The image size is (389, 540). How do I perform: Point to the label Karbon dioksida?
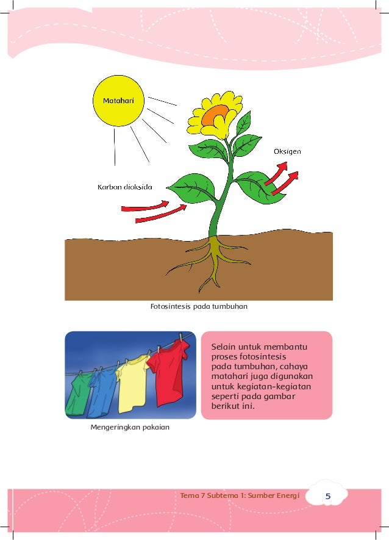coord(125,186)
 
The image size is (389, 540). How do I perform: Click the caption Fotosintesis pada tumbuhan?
coord(199,306)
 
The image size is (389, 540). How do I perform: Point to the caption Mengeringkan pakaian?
coord(130,427)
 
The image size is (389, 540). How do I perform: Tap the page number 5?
coord(327,497)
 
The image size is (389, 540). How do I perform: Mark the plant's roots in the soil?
coord(210,259)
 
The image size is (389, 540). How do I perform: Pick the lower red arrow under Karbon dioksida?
coord(161,214)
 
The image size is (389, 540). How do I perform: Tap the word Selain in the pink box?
coord(224,347)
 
